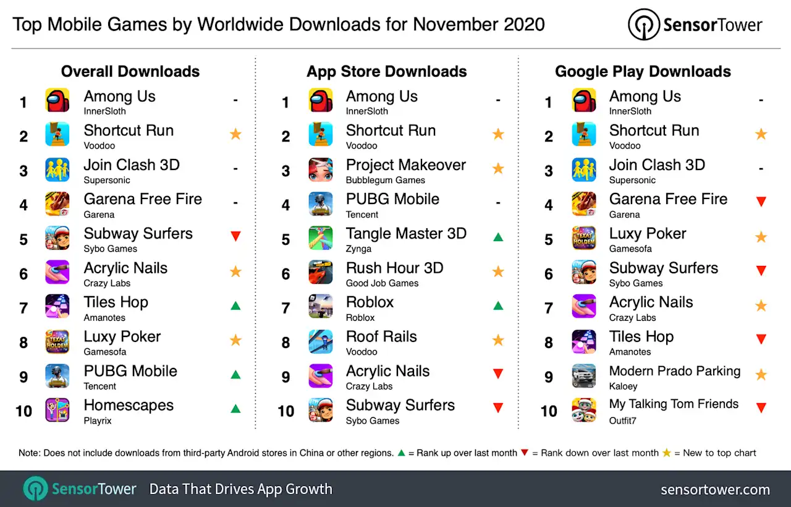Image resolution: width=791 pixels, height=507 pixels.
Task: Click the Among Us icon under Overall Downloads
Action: [x=57, y=100]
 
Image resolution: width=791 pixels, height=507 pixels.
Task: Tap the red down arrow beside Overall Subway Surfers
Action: [x=235, y=236]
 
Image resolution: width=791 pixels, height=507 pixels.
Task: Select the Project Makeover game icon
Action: [x=321, y=169]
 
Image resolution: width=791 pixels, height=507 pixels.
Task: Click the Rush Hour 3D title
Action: [x=394, y=268]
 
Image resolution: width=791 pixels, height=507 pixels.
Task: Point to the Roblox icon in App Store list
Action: [x=321, y=307]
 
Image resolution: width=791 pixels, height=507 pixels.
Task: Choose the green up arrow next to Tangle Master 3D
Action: [x=498, y=236]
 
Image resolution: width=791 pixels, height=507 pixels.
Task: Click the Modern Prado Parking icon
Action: [x=584, y=375]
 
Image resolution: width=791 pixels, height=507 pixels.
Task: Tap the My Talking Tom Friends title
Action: [x=674, y=404]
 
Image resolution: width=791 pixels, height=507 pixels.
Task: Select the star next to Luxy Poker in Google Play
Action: [x=761, y=237]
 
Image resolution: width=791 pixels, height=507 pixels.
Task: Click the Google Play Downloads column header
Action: [x=643, y=72]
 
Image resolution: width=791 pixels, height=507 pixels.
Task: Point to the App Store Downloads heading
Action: [x=386, y=72]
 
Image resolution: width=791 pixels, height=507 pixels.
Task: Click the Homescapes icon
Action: [x=57, y=410]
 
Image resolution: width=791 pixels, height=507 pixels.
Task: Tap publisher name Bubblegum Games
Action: [x=385, y=181]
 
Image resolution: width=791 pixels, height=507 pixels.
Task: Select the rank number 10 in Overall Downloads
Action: [x=23, y=411]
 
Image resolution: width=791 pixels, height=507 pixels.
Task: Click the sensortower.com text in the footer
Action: [x=715, y=490]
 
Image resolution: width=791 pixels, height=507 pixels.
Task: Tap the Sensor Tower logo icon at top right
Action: [x=644, y=25]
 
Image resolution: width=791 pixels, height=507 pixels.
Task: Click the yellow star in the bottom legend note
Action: [x=666, y=453]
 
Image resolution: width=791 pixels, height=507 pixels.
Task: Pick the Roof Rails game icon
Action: [x=321, y=341]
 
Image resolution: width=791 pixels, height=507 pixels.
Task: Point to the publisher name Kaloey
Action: [x=623, y=386]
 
